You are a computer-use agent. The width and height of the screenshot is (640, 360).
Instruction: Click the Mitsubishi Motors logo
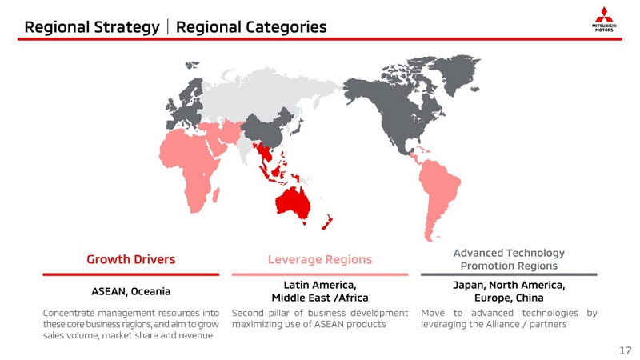coord(604,19)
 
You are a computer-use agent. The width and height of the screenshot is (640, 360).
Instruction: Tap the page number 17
coord(626,350)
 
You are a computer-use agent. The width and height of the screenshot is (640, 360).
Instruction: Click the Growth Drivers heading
coord(131,259)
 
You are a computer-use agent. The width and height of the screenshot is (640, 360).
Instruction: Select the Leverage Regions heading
coord(320,259)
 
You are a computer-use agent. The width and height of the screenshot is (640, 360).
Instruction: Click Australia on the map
coord(292,202)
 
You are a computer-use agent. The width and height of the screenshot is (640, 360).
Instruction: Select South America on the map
coord(438,192)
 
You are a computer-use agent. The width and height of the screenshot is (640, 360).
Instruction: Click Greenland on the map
coord(455,74)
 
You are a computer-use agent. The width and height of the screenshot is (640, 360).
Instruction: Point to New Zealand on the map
coord(327,222)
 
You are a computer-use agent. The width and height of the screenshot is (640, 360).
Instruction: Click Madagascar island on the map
coord(216,194)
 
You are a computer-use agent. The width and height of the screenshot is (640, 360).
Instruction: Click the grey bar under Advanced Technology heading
coord(509,274)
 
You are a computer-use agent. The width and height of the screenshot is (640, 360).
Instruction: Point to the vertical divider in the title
coord(168,27)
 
